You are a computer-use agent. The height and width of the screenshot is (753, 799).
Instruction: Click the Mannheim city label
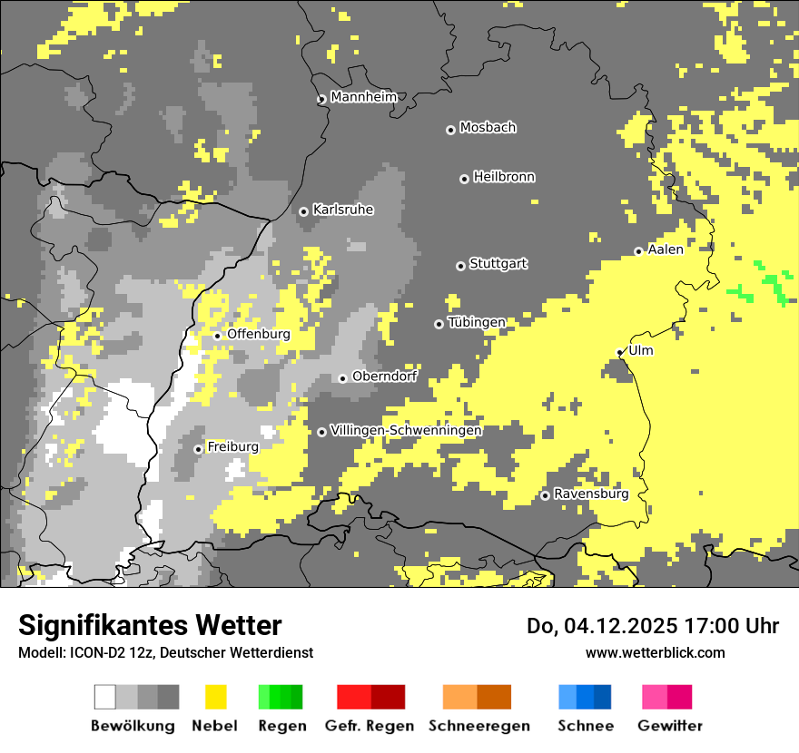tap(363, 97)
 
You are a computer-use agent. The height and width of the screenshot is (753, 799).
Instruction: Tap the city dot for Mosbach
tap(450, 130)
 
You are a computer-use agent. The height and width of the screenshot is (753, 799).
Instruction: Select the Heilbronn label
tap(504, 177)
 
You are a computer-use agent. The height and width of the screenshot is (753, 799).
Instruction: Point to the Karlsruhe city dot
tap(303, 211)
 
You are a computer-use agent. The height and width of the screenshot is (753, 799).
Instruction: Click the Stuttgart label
tap(498, 264)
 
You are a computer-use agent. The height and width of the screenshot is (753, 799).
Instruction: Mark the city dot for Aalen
tap(638, 251)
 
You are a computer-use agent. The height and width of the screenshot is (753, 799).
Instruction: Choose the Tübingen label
tap(477, 322)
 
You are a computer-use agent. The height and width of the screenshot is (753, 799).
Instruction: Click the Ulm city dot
tap(619, 353)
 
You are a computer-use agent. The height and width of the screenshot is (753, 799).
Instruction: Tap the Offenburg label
tap(259, 334)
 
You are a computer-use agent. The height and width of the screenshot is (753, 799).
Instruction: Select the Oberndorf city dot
tap(342, 378)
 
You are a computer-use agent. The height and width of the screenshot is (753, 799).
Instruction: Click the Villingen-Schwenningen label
tap(406, 430)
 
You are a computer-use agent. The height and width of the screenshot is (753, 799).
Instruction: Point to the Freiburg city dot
tap(198, 449)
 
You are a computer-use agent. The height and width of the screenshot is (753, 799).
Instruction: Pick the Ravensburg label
tap(591, 494)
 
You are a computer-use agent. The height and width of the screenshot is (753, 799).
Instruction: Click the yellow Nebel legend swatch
tap(215, 697)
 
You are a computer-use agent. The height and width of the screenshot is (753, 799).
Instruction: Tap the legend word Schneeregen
tap(478, 726)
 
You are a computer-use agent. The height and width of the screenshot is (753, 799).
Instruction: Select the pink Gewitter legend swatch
tap(655, 697)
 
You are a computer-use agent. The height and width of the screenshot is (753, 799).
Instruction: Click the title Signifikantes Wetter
tap(150, 626)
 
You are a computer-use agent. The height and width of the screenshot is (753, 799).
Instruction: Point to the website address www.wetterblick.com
tap(655, 652)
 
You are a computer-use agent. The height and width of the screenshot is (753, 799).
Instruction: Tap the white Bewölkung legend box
tap(104, 697)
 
